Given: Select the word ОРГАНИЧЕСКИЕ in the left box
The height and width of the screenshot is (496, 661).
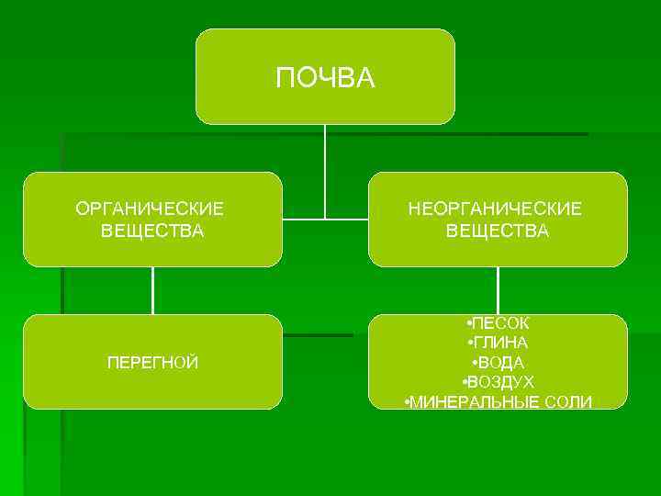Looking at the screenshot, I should pos(151,209).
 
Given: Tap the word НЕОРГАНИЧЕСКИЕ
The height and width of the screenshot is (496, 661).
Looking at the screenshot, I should pos(497,209).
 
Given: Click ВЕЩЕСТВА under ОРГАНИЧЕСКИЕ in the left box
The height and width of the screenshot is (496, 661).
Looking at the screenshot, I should pos(152,231).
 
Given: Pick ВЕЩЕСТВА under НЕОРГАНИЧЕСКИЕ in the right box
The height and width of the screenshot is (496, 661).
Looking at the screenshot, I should pos(498,231).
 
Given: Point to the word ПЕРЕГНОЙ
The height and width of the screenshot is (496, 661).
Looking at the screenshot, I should pos(152,363).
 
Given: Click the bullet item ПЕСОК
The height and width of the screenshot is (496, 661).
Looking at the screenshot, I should pos(500,324).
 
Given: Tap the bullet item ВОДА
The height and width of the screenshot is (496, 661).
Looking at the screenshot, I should pos(500,363).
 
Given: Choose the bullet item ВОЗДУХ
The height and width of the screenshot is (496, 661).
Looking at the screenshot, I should pos(500,382).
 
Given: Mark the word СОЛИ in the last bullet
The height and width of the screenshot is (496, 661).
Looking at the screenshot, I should pos(571,401).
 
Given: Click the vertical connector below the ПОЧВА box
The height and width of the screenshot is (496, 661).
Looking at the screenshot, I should pos(325,170).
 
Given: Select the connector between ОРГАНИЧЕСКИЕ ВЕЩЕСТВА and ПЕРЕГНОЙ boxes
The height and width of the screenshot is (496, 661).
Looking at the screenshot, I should pos(152,290).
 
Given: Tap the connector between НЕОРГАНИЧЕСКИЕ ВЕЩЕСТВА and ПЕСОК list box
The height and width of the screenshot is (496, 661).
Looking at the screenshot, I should pos(498,290).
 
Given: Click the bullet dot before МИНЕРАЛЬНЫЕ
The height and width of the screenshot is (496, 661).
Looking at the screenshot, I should pos(407,401).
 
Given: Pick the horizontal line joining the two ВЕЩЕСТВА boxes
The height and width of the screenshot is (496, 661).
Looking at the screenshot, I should pos(325,220).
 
